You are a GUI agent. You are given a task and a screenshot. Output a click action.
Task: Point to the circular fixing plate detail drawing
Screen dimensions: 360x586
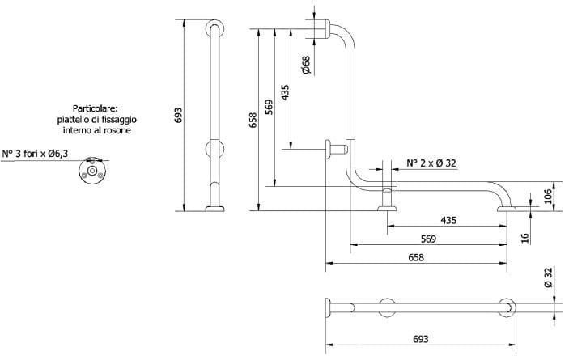coord(91,171)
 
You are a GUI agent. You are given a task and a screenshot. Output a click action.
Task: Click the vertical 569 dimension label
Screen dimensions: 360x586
coord(268,106)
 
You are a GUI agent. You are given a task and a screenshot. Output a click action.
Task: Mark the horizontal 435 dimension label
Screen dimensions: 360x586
coord(448,220)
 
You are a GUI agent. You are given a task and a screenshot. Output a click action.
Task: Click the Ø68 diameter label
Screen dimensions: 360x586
coord(305,65)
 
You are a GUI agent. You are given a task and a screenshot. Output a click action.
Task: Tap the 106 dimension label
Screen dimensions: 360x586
coord(546,195)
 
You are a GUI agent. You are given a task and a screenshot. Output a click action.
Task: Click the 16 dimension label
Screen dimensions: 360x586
coord(525,237)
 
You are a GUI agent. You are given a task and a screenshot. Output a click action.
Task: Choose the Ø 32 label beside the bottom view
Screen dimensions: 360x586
coord(548,277)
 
